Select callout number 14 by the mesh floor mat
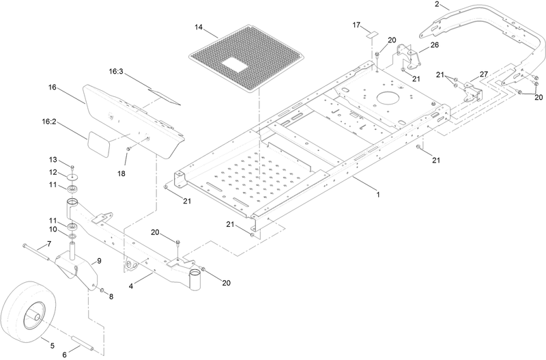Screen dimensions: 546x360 tap(199, 27)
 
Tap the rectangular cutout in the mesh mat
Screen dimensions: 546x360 tap(235, 65)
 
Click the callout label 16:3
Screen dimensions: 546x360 tap(116, 72)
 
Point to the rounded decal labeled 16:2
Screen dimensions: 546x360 tap(98, 143)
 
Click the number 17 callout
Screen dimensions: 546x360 tap(356, 25)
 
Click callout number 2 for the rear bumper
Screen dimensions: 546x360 tap(437, 4)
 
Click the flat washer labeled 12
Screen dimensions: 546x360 tap(73, 178)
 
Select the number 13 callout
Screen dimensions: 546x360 tap(53, 160)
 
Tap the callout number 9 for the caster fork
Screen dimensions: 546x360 tap(99, 261)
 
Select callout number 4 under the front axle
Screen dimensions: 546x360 tap(131, 286)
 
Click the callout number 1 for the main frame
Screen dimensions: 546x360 tap(378, 194)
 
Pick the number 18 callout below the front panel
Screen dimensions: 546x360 tap(121, 174)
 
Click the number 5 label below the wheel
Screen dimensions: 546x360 tap(53, 346)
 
